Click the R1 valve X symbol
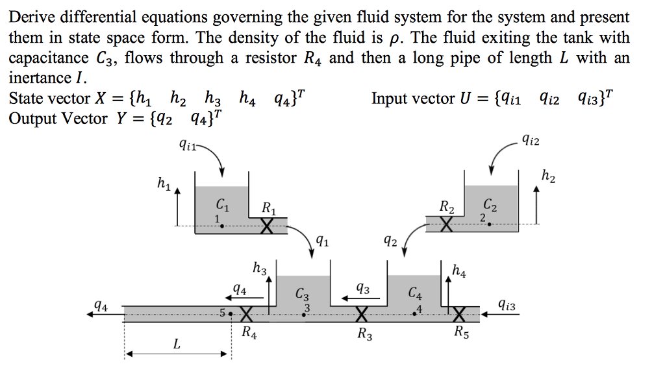[267, 226]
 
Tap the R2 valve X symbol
[445, 224]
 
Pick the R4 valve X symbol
[246, 315]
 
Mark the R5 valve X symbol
[459, 315]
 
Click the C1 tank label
[222, 207]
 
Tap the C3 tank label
[303, 294]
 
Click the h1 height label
[164, 184]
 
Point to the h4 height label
[458, 269]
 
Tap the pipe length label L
[176, 344]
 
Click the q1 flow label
[321, 243]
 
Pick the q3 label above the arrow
[363, 288]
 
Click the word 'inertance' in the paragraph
[37, 78]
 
